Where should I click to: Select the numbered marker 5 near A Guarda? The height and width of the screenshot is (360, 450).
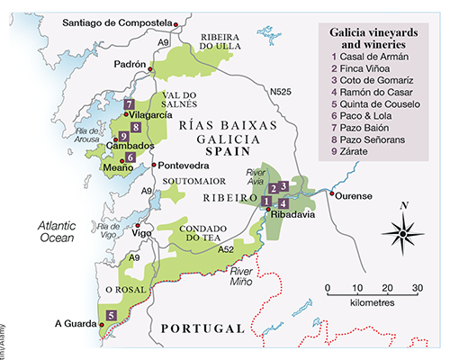(x=111, y=315)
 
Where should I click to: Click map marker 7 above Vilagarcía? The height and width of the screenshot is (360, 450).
(x=130, y=105)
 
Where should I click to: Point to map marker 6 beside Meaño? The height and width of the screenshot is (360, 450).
(x=130, y=157)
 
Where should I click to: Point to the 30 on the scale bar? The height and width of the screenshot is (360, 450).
(x=417, y=288)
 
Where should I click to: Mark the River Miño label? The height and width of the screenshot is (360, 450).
(x=250, y=274)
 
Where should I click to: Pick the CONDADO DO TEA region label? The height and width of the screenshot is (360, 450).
(x=211, y=231)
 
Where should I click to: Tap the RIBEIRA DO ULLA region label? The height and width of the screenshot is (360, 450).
(x=216, y=38)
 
